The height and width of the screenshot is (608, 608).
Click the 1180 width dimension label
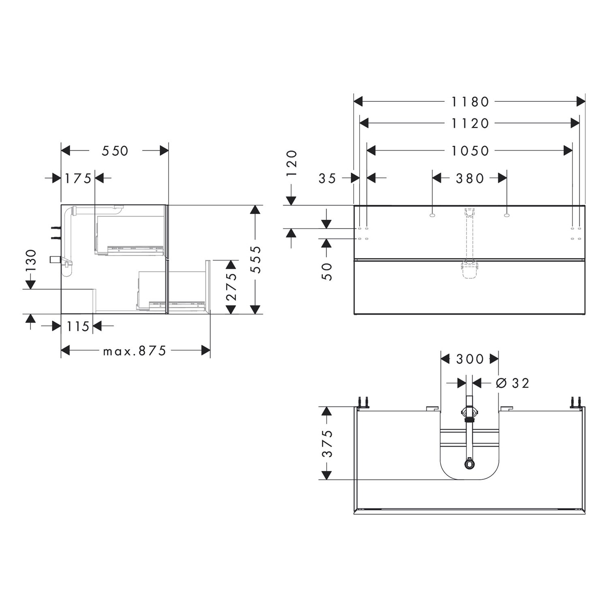[470, 102]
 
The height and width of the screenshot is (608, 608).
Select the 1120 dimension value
[470, 123]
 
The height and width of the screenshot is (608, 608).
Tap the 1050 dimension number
[470, 151]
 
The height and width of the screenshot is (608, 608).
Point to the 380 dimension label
[470, 178]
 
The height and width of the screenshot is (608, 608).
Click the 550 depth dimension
[115, 151]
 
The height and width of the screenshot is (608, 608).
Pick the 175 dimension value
[78, 178]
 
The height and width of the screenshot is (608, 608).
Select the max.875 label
[135, 351]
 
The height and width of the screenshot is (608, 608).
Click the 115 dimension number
[78, 326]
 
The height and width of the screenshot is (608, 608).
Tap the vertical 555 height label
[256, 259]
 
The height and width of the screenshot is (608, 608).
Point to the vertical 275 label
[231, 286]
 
